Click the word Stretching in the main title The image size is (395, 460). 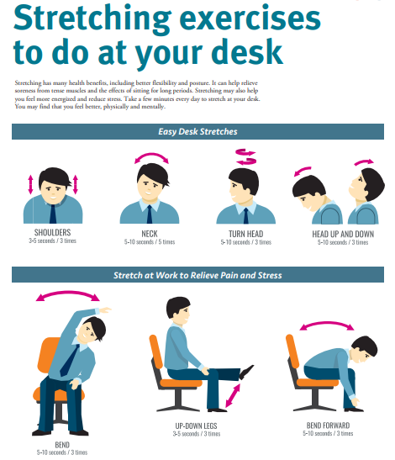pyautogui.click(x=92, y=19)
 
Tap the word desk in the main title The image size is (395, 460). pyautogui.click(x=247, y=52)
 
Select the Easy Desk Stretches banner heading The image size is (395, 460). pyautogui.click(x=197, y=131)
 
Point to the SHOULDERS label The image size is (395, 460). pyautogui.click(x=52, y=232)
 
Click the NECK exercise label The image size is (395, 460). pyautogui.click(x=150, y=234)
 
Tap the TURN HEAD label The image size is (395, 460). pyautogui.click(x=245, y=234)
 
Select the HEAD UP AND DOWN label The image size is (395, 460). pyautogui.click(x=343, y=234)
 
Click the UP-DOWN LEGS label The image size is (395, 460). pyautogui.click(x=196, y=426)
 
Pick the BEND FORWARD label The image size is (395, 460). pyautogui.click(x=328, y=426)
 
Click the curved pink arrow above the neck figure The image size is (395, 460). pyautogui.click(x=151, y=154)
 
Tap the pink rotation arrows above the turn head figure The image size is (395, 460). pyautogui.click(x=245, y=156)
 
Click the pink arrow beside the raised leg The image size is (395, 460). pyautogui.click(x=233, y=395)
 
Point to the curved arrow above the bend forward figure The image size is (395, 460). pyautogui.click(x=327, y=323)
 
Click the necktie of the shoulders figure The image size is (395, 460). pyautogui.click(x=53, y=214)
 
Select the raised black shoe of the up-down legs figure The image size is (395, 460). pyautogui.click(x=245, y=372)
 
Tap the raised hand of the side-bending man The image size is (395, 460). pyautogui.click(x=105, y=309)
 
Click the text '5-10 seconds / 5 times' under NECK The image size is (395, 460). pyautogui.click(x=150, y=242)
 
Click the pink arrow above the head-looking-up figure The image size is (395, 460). pyautogui.click(x=364, y=161)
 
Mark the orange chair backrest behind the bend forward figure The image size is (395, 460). pyautogui.click(x=292, y=351)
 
